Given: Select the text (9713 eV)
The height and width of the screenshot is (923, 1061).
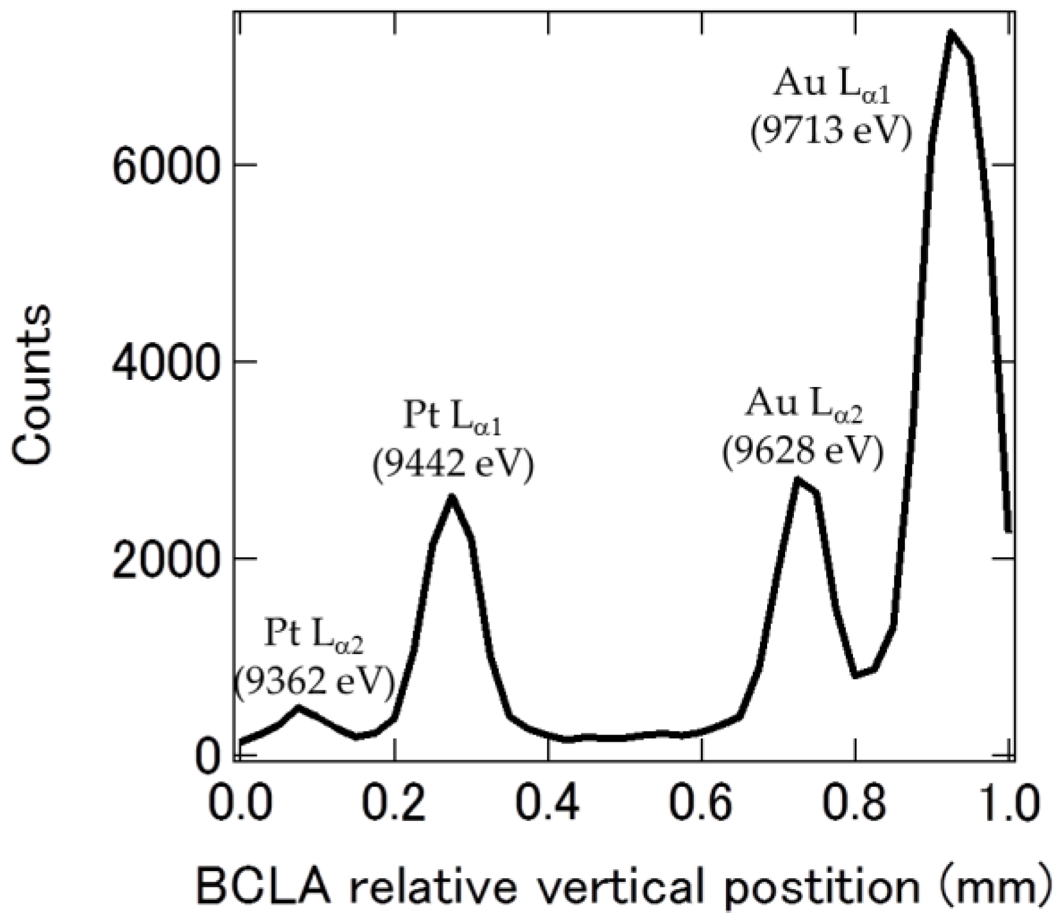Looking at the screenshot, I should [831, 132].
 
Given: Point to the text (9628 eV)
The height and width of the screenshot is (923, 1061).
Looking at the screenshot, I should [802, 451].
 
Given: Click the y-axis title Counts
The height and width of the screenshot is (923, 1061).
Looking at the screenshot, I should [33, 385].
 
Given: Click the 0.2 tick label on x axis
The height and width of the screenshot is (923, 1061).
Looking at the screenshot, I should [393, 803].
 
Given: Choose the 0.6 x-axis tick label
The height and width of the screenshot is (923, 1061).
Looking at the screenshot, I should [702, 803].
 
